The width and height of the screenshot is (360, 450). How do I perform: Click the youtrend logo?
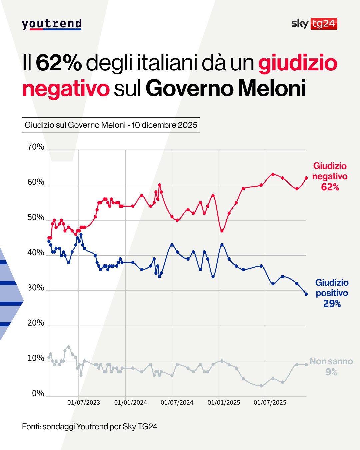click(x=52, y=24)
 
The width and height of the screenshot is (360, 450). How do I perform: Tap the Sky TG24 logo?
click(x=314, y=24)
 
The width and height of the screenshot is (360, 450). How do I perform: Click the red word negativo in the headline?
click(x=66, y=88)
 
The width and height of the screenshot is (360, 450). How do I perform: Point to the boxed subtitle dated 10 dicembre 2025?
click(x=111, y=125)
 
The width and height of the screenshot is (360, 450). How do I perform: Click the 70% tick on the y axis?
click(x=36, y=147)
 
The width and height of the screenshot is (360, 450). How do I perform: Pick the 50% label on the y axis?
click(x=36, y=218)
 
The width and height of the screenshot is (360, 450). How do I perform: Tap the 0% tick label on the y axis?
click(x=38, y=393)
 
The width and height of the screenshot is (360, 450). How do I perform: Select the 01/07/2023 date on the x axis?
click(x=84, y=403)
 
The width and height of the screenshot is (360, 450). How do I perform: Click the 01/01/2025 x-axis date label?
click(x=224, y=403)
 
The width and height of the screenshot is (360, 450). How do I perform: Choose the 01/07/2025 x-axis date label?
click(x=270, y=403)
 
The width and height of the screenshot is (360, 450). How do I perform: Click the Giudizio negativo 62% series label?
click(x=330, y=176)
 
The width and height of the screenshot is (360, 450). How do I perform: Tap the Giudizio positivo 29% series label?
click(x=332, y=293)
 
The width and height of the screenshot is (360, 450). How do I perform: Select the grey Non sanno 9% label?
click(x=331, y=366)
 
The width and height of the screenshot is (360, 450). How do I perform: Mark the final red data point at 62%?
click(x=306, y=178)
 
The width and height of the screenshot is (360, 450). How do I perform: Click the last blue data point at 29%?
click(x=306, y=294)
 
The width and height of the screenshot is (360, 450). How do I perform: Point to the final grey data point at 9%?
click(x=306, y=365)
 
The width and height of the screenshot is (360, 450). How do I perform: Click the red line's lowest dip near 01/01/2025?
click(x=222, y=231)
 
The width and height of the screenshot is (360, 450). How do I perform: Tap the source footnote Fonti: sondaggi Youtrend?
click(x=90, y=427)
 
